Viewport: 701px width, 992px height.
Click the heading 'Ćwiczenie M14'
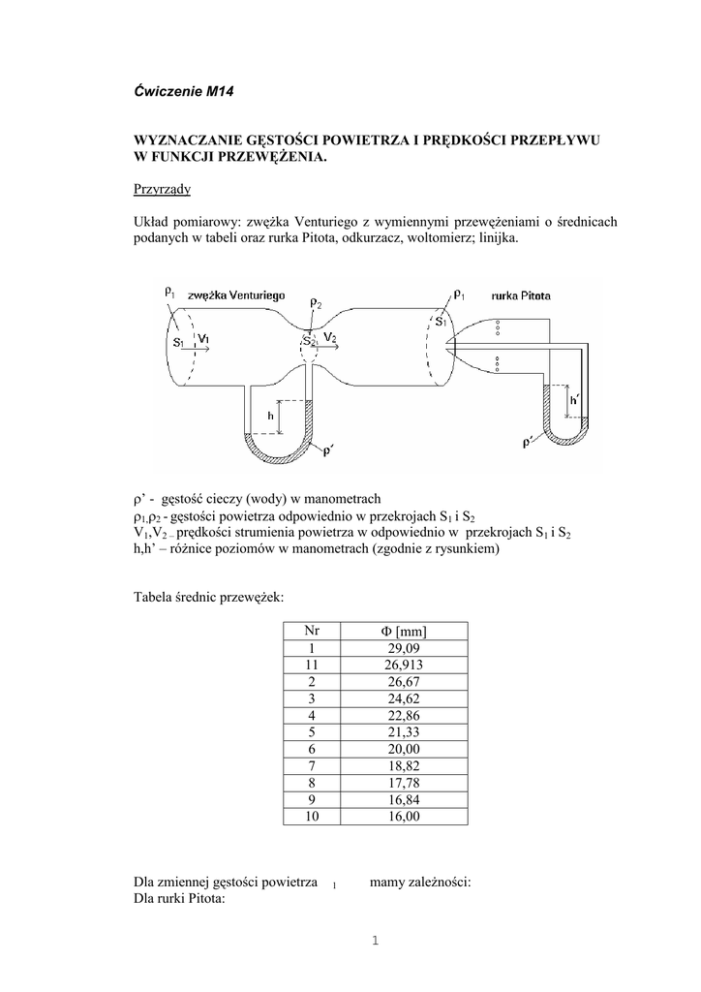click(x=184, y=92)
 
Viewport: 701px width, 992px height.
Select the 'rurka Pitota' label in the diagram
click(x=521, y=294)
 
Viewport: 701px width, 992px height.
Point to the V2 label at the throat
click(x=331, y=336)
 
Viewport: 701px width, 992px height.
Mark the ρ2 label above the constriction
click(x=316, y=304)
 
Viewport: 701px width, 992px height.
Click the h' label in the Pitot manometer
click(x=575, y=398)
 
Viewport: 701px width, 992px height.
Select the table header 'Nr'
click(x=311, y=632)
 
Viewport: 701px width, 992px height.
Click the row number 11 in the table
click(x=311, y=665)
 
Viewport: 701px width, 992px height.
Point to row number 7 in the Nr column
click(x=311, y=766)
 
